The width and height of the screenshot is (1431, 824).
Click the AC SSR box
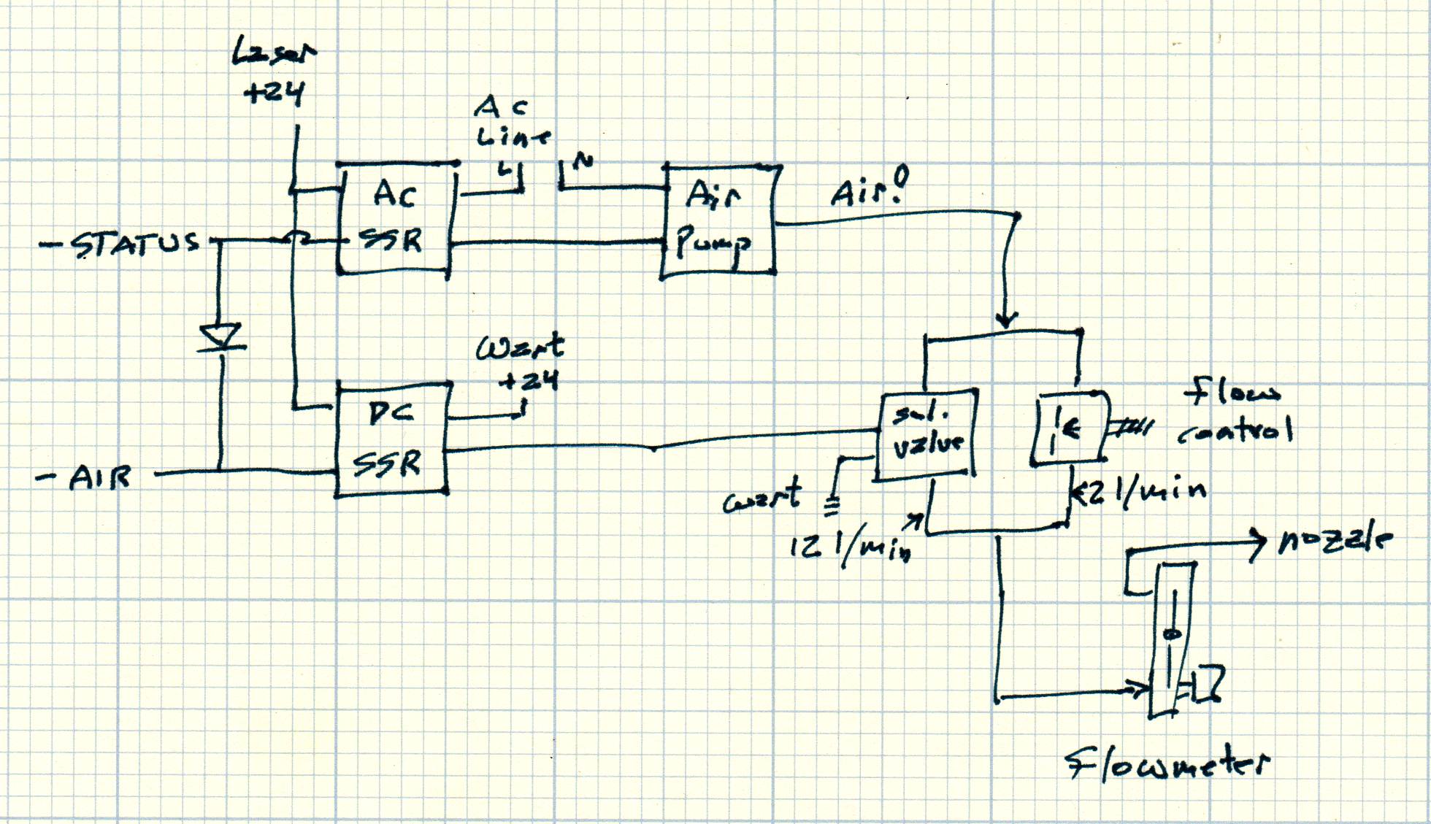tap(395, 218)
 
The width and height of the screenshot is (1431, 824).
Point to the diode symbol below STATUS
tap(220, 338)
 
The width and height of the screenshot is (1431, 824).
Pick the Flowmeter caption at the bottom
tap(1167, 765)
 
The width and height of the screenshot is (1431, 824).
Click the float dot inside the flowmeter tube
tap(1172, 634)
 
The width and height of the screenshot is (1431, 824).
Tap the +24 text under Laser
tap(274, 93)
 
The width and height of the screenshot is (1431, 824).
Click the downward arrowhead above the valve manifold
tap(1008, 319)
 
